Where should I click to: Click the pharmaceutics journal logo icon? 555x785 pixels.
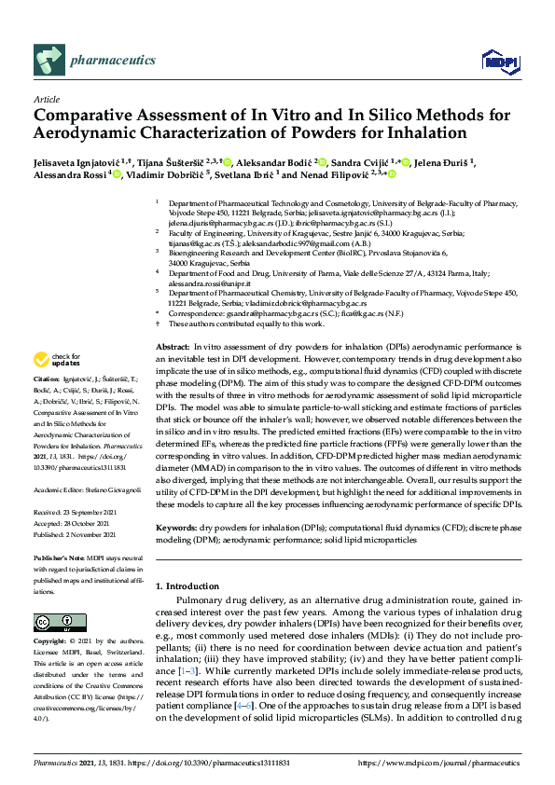(x=48, y=61)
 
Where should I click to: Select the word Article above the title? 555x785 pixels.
(x=47, y=98)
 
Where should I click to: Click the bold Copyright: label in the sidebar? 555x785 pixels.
(x=51, y=642)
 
